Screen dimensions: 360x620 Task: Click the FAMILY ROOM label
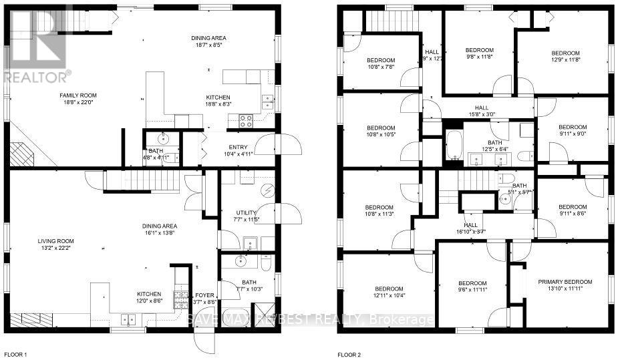click(60, 96)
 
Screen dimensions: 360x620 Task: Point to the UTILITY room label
click(246, 212)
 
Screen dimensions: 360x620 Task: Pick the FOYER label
click(204, 295)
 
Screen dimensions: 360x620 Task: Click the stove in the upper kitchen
click(245, 122)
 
